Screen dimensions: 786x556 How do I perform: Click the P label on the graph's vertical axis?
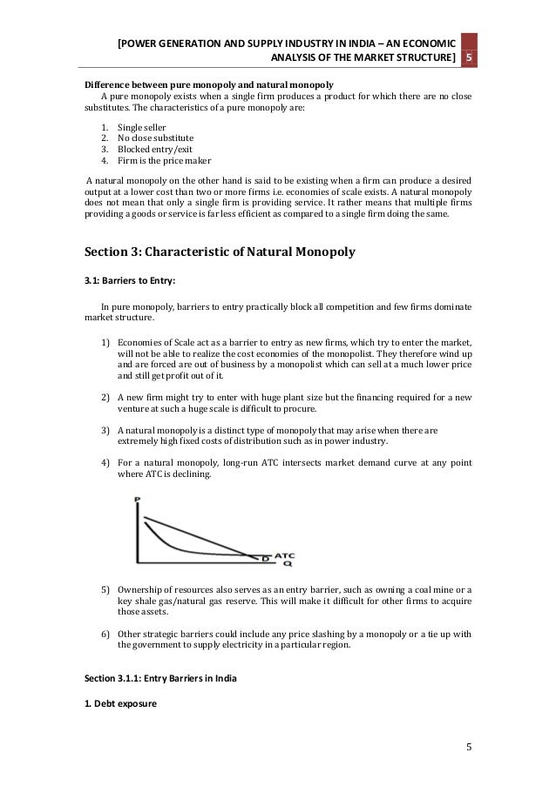[x=139, y=500]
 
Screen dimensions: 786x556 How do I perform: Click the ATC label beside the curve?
[x=284, y=554]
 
